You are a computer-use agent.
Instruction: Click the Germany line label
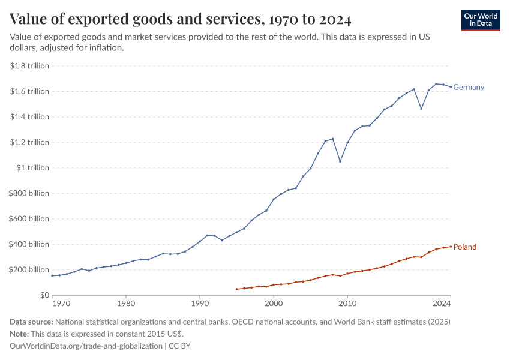pyautogui.click(x=469, y=88)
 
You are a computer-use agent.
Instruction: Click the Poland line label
pyautogui.click(x=465, y=247)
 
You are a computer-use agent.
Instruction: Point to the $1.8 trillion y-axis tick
pyautogui.click(x=29, y=66)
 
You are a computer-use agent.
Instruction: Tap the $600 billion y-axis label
pyautogui.click(x=29, y=219)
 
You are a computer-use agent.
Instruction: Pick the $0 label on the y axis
pyautogui.click(x=44, y=295)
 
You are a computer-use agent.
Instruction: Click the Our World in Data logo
pyautogui.click(x=481, y=20)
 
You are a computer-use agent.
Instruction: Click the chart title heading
pyautogui.click(x=181, y=19)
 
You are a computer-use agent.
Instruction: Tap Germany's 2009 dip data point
pyautogui.click(x=340, y=161)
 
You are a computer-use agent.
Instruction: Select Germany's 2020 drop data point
pyautogui.click(x=421, y=109)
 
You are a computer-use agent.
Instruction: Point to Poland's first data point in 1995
pyautogui.click(x=237, y=289)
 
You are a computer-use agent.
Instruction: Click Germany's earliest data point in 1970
pyautogui.click(x=52, y=276)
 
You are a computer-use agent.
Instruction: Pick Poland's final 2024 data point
pyautogui.click(x=451, y=247)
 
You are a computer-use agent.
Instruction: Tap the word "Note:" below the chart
pyautogui.click(x=21, y=334)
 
